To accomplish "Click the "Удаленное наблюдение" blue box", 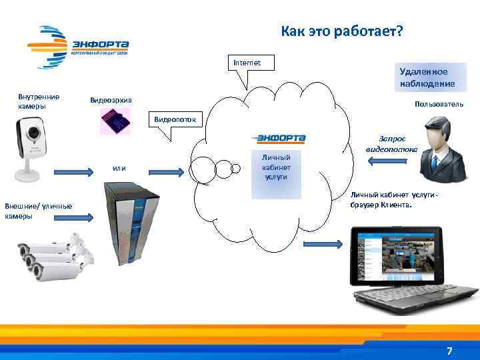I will point(427,77).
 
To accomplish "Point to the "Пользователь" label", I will point(439,105).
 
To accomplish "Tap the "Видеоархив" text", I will point(111,100).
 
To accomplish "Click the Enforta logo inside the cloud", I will point(279,139).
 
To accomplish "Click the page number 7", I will point(449,351).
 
